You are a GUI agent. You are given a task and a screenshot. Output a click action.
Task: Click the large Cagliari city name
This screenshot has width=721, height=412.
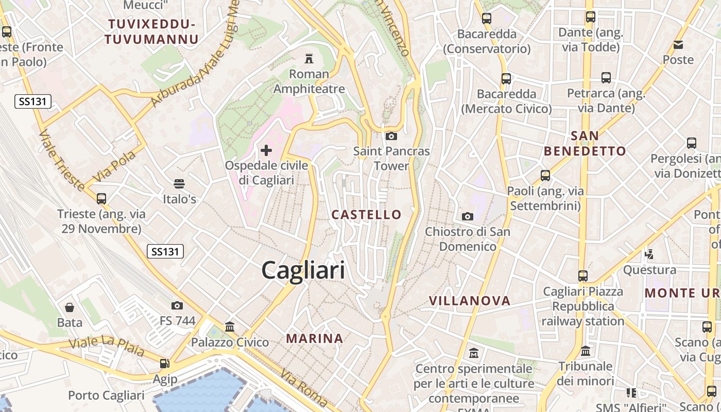(303, 270)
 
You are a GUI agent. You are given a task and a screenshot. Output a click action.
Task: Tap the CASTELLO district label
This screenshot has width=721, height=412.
(366, 215)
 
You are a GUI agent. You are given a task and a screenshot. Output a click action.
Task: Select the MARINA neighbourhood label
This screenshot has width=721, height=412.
(315, 338)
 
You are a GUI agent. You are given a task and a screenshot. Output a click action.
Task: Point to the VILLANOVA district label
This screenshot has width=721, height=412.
(470, 301)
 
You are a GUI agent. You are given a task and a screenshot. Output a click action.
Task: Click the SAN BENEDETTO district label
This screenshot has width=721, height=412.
(585, 144)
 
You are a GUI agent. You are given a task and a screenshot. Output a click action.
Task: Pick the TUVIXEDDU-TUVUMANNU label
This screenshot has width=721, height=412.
(151, 31)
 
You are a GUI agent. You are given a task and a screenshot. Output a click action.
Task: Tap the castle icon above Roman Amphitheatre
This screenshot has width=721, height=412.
(309, 58)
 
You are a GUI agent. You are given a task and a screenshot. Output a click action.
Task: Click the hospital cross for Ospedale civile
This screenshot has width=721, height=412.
(266, 150)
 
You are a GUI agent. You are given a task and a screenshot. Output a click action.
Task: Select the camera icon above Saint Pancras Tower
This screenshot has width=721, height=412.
(391, 136)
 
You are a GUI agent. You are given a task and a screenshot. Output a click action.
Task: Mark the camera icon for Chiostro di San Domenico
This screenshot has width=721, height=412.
(467, 216)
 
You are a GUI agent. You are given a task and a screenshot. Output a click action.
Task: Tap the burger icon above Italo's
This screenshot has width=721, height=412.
(179, 184)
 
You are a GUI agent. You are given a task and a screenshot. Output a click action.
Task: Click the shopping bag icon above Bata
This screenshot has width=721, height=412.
(70, 307)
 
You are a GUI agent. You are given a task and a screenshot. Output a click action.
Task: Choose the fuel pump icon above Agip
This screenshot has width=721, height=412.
(165, 364)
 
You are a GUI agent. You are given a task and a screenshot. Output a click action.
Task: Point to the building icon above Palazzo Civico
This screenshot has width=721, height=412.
(230, 327)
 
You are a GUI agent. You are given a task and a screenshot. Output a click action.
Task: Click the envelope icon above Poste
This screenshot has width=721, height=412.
(678, 45)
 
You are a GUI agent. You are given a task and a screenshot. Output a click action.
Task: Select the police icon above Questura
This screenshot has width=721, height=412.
(649, 254)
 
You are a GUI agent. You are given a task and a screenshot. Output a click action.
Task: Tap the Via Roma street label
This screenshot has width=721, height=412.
(304, 389)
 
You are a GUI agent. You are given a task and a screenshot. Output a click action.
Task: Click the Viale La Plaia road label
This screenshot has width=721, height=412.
(107, 347)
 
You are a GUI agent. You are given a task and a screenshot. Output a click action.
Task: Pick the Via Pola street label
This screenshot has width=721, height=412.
(114, 166)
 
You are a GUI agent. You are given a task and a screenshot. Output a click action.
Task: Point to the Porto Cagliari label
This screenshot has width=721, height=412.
(106, 396)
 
